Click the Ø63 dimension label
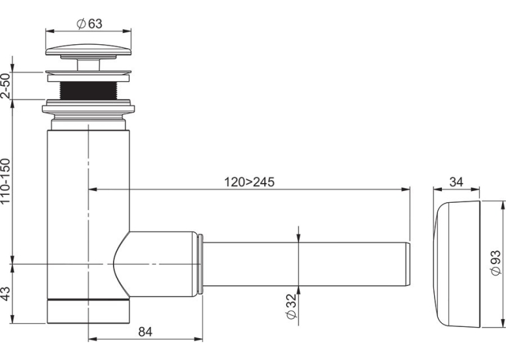point(89,24)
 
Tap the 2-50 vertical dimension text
point(6,86)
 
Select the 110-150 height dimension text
point(6,181)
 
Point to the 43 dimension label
point(6,293)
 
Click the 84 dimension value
point(145,332)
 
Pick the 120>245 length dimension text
point(249,182)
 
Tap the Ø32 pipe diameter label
point(291,306)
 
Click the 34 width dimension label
point(456,182)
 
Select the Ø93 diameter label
point(495,263)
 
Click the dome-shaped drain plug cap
point(89,50)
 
